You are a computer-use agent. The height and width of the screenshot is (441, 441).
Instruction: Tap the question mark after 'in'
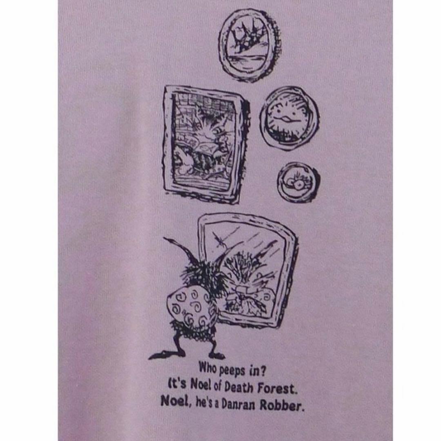pos(262,372)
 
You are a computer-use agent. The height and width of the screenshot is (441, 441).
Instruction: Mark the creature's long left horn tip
pos(164,238)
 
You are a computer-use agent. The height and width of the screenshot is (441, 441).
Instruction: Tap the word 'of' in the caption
pos(217,387)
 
